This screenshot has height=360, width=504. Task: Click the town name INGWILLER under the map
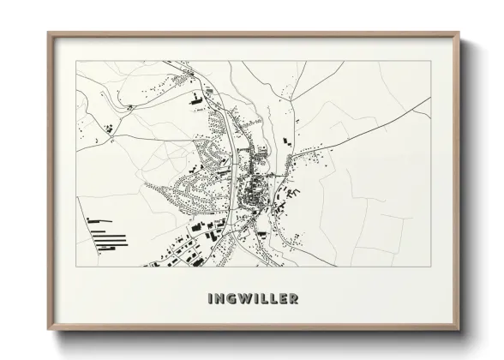(x=253, y=299)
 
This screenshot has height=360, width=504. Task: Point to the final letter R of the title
(x=294, y=299)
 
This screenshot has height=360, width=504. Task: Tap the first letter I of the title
(x=210, y=299)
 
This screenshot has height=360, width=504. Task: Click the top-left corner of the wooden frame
(x=47, y=33)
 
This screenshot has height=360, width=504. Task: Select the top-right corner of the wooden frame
(x=459, y=33)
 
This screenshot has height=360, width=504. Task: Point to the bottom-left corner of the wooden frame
(x=47, y=330)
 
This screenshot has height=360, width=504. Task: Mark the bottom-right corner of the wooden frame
(x=459, y=330)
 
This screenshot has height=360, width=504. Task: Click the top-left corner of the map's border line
(x=76, y=61)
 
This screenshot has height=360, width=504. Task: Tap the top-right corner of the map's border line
(x=430, y=61)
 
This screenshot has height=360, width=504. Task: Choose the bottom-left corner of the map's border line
(x=76, y=267)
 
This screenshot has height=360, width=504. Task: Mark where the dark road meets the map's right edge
(x=430, y=97)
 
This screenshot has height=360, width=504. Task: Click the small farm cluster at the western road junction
(x=111, y=129)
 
